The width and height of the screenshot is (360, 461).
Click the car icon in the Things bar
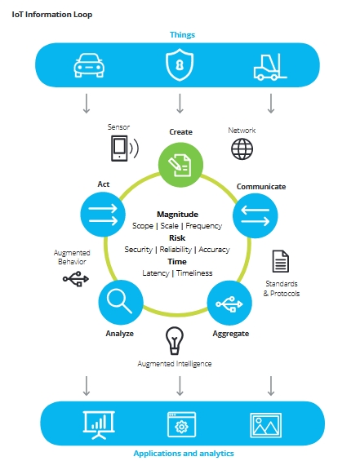[89, 65]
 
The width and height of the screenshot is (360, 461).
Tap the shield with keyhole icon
[180, 65]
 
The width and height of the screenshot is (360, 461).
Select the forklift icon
[270, 67]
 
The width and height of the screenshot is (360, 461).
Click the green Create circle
[180, 165]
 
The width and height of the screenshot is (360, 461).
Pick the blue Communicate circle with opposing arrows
[255, 215]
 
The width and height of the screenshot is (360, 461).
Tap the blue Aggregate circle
[229, 304]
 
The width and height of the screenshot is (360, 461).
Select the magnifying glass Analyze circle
[121, 302]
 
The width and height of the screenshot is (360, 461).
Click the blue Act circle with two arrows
[103, 215]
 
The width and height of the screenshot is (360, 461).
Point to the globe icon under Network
[242, 149]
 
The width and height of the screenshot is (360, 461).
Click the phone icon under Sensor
[124, 148]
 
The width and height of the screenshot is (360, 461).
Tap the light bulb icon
[175, 341]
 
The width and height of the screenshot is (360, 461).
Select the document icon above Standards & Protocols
[281, 261]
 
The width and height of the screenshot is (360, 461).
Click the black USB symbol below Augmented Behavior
[76, 279]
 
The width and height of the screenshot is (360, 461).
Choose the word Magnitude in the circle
[177, 214]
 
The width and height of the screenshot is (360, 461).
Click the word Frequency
[204, 226]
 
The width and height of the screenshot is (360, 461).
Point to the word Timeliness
[194, 273]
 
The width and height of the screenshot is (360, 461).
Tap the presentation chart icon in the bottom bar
[99, 425]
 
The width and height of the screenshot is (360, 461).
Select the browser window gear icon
[181, 425]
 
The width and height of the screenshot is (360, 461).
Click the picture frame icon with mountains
[265, 425]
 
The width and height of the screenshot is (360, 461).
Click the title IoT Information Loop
[51, 15]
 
